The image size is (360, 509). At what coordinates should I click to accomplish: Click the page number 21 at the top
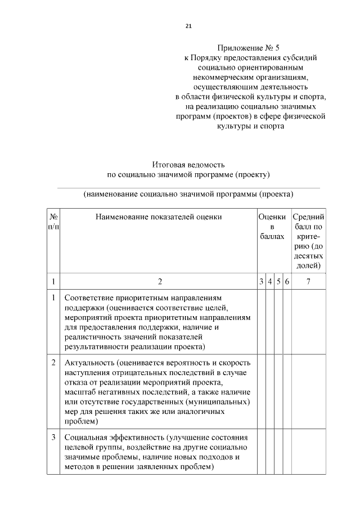(188, 26)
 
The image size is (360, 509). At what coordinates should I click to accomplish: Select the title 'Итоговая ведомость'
(188, 165)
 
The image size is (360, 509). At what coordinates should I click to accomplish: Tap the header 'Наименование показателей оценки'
(159, 217)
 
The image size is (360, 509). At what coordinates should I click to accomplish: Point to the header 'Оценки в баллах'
(272, 227)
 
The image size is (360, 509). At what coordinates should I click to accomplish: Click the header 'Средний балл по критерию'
(308, 241)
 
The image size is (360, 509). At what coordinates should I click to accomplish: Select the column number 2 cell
(159, 281)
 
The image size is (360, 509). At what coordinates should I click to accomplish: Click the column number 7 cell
(308, 281)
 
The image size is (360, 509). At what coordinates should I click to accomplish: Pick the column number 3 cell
(261, 281)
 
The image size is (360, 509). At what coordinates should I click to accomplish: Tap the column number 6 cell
(287, 281)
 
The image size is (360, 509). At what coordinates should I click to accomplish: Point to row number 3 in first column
(53, 437)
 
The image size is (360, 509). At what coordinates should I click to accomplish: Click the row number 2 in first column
(53, 363)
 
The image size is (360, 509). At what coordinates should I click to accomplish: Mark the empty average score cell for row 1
(308, 322)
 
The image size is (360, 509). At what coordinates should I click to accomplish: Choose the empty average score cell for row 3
(308, 452)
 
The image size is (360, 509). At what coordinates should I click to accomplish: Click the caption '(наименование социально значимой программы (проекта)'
(188, 195)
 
